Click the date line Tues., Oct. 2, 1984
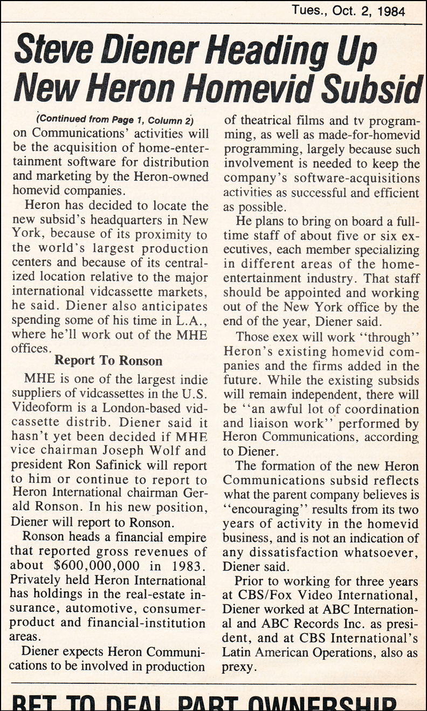tap(349, 11)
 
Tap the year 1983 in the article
tap(188, 566)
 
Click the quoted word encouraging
tap(266, 509)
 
